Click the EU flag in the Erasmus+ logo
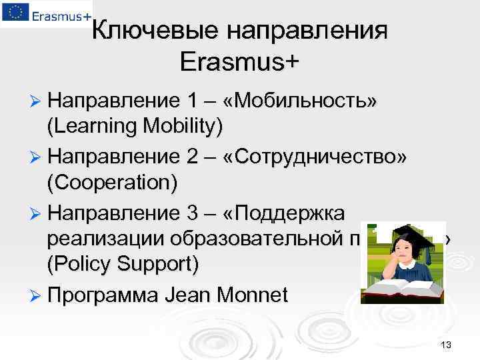(13, 13)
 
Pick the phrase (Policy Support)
(123, 264)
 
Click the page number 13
(446, 345)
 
